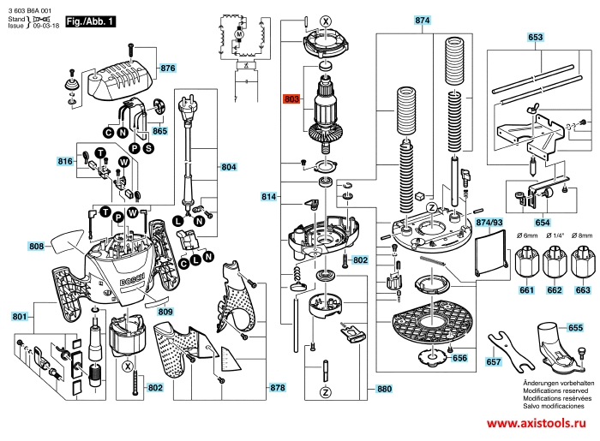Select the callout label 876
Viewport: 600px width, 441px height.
[167, 68]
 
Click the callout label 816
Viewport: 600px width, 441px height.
[65, 162]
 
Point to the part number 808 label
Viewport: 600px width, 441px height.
[36, 247]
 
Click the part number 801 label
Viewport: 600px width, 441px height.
[19, 318]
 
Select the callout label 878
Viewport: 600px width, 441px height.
[277, 388]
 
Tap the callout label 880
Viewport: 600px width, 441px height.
[383, 388]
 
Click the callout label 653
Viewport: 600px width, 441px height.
[535, 38]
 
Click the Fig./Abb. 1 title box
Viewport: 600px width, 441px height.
[92, 19]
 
